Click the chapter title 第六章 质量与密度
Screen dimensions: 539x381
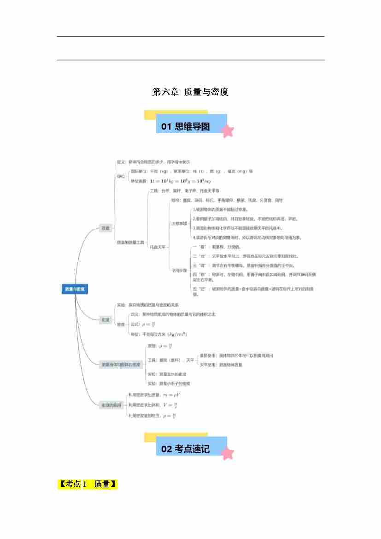pyautogui.click(x=190, y=92)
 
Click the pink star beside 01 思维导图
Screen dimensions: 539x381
pyautogui.click(x=228, y=131)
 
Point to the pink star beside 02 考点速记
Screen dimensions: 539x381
pyautogui.click(x=228, y=453)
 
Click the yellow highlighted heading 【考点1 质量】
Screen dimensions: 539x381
pyautogui.click(x=88, y=484)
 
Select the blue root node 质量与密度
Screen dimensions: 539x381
pyautogui.click(x=75, y=289)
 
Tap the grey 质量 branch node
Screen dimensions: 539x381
pyautogui.click(x=106, y=228)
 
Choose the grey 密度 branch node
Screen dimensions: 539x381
pyautogui.click(x=106, y=320)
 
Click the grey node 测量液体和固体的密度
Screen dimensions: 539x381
pyautogui.click(x=121, y=364)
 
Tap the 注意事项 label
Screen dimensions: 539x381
pyautogui.click(x=179, y=224)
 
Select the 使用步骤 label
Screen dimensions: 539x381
pyautogui.click(x=179, y=270)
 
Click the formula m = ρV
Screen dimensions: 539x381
pyautogui.click(x=172, y=395)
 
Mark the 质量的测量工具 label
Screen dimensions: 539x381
pyautogui.click(x=130, y=242)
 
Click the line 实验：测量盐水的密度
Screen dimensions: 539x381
pyautogui.click(x=166, y=374)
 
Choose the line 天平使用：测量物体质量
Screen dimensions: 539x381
pyautogui.click(x=221, y=365)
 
